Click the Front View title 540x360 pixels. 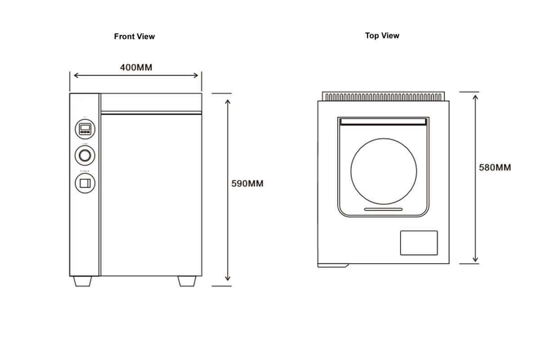[x=134, y=36]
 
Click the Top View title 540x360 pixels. [x=382, y=36]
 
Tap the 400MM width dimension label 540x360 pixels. [x=136, y=67]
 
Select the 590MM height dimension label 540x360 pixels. [x=247, y=184]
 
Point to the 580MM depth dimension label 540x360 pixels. [x=495, y=167]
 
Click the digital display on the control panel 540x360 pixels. [x=85, y=129]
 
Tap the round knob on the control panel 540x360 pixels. [x=85, y=155]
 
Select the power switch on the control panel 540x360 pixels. [x=85, y=183]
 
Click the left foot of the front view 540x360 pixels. [x=83, y=281]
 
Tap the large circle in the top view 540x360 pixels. [x=383, y=171]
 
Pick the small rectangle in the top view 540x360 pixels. [x=418, y=243]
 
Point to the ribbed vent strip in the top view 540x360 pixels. [x=383, y=97]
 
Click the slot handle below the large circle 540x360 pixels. [x=383, y=209]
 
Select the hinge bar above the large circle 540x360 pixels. [x=383, y=121]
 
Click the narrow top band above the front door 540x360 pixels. [x=151, y=103]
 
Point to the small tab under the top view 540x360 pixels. [x=333, y=265]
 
